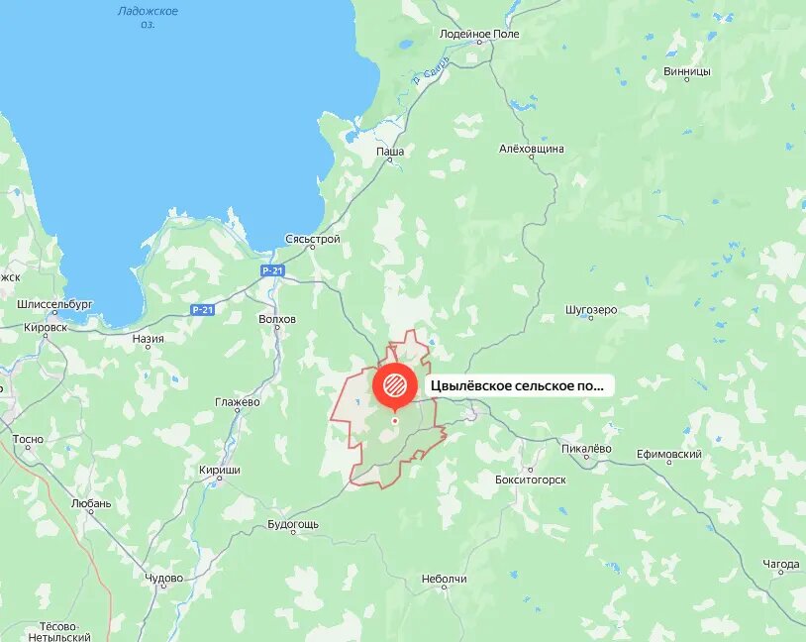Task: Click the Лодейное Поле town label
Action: click(479, 34)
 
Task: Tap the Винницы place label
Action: click(687, 71)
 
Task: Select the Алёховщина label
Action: click(532, 149)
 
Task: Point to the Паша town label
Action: click(389, 152)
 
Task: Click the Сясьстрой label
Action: click(312, 239)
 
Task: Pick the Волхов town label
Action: click(276, 319)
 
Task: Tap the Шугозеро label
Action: click(591, 309)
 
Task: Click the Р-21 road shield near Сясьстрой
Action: click(273, 270)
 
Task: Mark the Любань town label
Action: click(92, 502)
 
